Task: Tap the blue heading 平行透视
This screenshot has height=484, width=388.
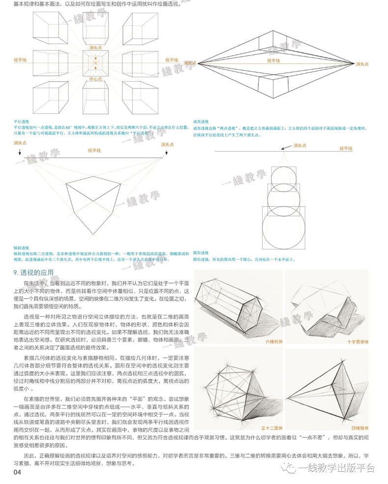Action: coord(22,121)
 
